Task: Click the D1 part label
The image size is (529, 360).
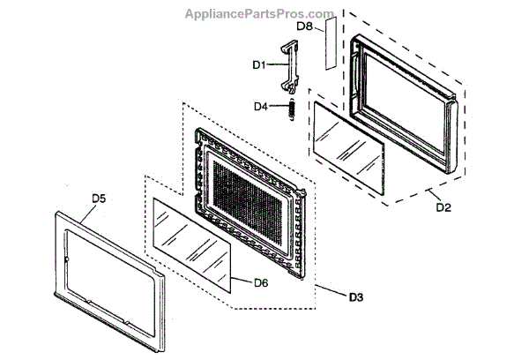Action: [259, 64]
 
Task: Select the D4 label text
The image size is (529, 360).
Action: [260, 107]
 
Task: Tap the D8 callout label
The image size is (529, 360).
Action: [305, 26]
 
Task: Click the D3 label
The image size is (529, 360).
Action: [355, 296]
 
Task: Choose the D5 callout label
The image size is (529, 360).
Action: [99, 199]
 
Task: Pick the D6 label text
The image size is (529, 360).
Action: [260, 282]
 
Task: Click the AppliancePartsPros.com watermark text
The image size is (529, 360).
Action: [259, 13]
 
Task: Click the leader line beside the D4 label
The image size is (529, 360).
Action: [276, 107]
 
